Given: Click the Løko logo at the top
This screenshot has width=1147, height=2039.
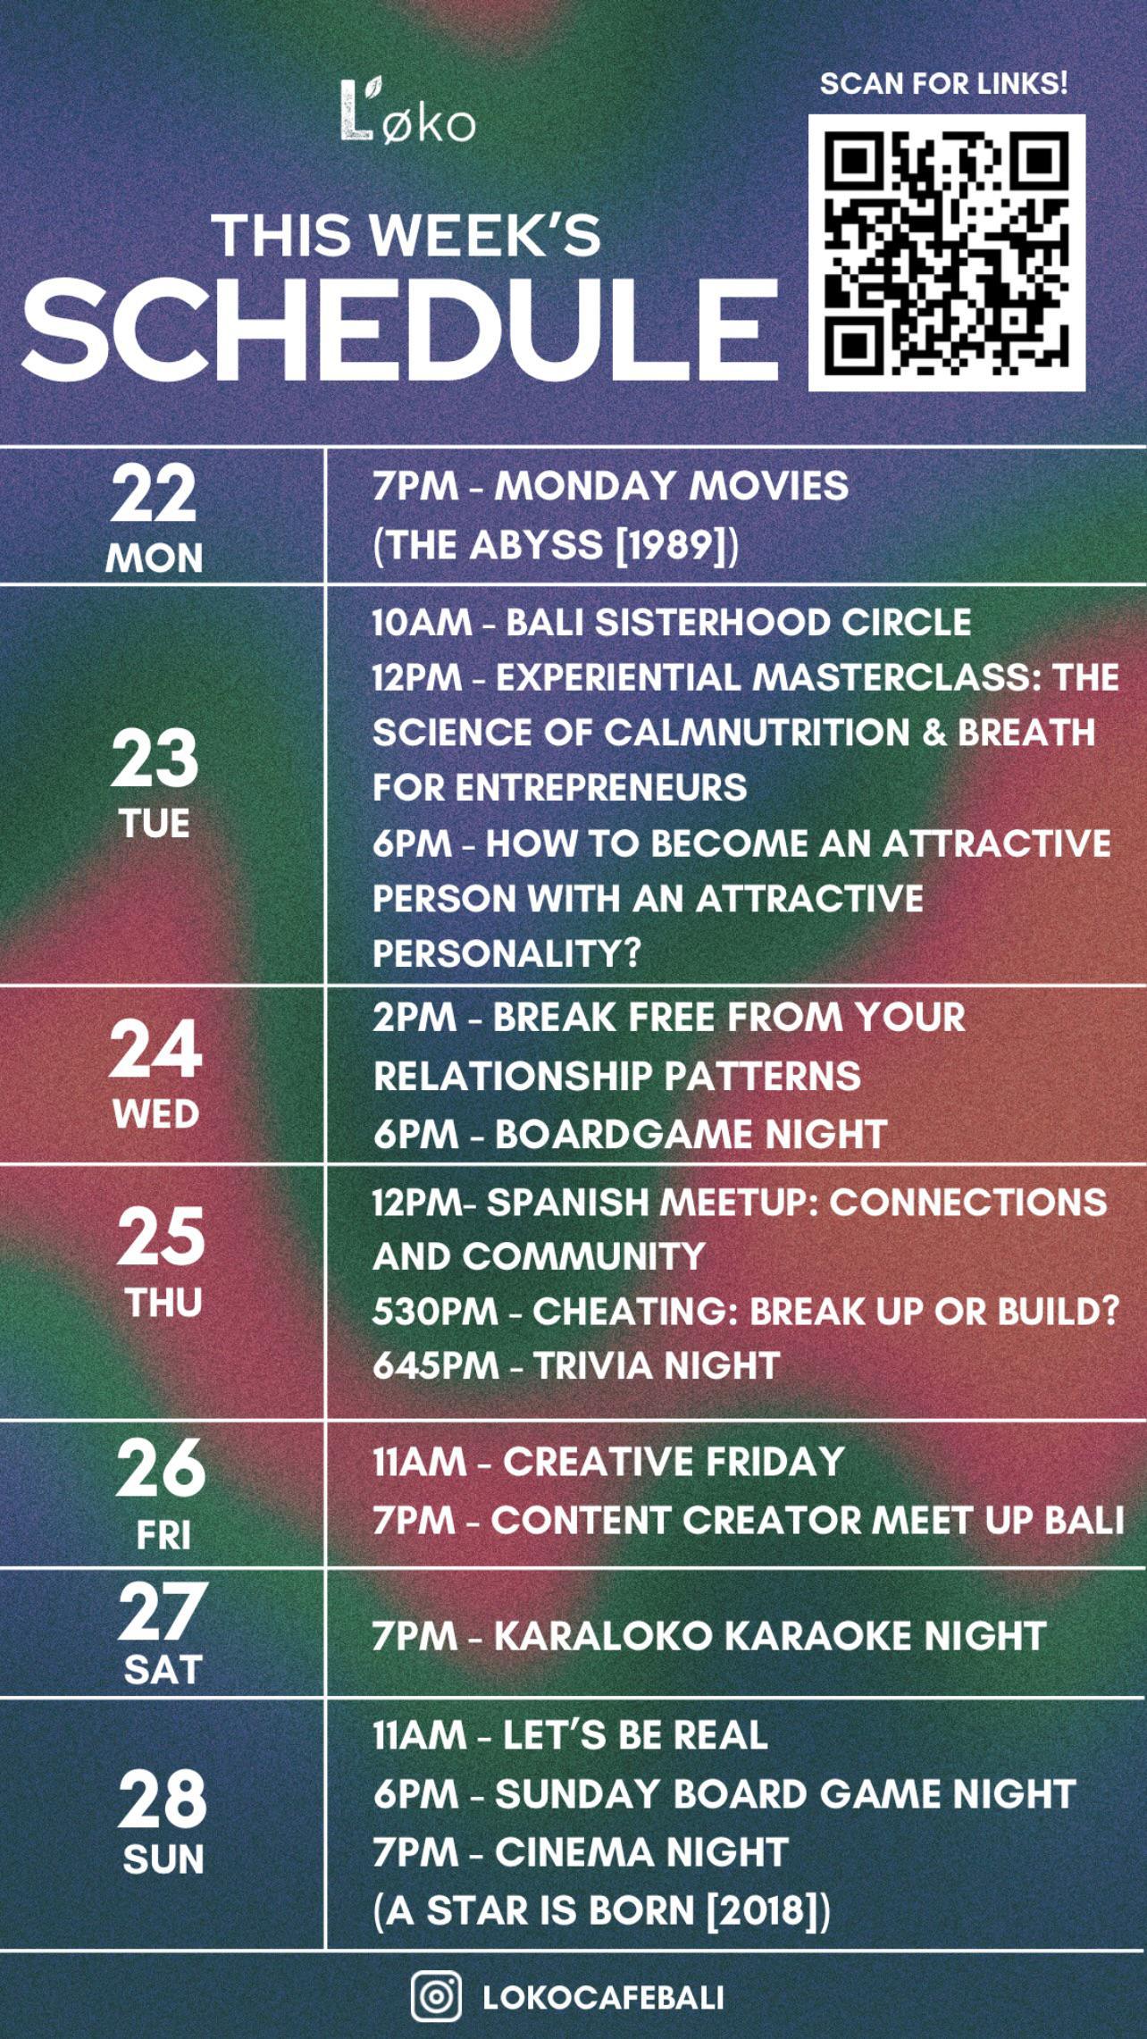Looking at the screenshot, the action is coord(407,111).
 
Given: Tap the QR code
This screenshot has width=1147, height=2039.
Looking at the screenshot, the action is coord(947,253).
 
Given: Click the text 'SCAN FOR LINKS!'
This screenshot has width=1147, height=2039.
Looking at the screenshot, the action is coord(944,84).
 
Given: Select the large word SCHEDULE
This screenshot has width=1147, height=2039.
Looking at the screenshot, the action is coord(400,328).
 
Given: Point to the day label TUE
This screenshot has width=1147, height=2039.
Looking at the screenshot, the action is coord(155,824).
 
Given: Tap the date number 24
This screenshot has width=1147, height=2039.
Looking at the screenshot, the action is coord(155,1050).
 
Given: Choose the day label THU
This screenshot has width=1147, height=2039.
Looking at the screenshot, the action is coord(163,1303).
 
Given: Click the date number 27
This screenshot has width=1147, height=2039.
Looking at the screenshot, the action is coord(162,1612).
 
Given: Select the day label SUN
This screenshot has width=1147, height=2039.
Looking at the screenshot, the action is coord(163,1859).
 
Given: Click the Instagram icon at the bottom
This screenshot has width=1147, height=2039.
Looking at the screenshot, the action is coord(436,1996).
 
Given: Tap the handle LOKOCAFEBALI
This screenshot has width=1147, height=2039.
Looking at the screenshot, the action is coord(603,1998).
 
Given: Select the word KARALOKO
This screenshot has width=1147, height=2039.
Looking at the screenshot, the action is coord(603,1636).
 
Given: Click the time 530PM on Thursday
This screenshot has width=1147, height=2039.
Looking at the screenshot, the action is coord(435,1312).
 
